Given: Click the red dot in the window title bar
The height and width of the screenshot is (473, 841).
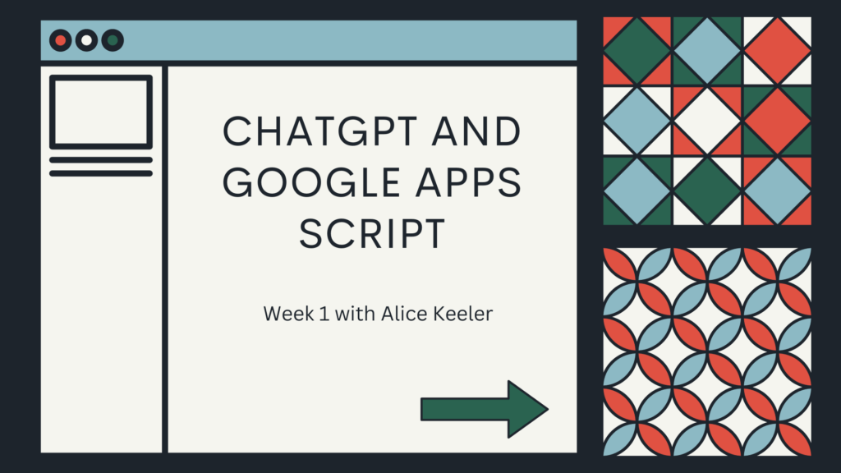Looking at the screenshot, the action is click(x=61, y=40).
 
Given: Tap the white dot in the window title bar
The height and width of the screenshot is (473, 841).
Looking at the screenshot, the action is click(x=86, y=40).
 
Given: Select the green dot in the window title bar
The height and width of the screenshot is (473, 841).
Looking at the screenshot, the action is click(x=113, y=40).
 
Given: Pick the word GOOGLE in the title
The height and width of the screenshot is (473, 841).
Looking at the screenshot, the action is click(x=311, y=182).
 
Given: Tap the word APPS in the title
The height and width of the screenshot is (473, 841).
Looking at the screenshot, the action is click(x=468, y=182).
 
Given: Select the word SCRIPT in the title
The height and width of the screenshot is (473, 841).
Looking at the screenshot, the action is click(x=372, y=233).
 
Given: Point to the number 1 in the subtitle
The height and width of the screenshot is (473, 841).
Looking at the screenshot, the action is click(x=324, y=314).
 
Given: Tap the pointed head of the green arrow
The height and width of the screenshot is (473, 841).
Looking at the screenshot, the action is click(x=548, y=409).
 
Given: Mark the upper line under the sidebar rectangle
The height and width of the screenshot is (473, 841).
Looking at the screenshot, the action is click(x=101, y=160).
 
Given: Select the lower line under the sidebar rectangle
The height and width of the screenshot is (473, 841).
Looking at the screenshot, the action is click(x=101, y=173).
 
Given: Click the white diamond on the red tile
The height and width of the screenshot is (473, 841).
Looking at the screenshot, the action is click(x=707, y=122).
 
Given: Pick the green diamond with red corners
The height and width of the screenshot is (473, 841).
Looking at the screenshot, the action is click(x=637, y=52).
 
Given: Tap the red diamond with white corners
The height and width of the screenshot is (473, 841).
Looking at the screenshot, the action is click(x=777, y=52).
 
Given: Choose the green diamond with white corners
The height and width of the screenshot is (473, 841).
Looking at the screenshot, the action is click(x=707, y=191).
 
